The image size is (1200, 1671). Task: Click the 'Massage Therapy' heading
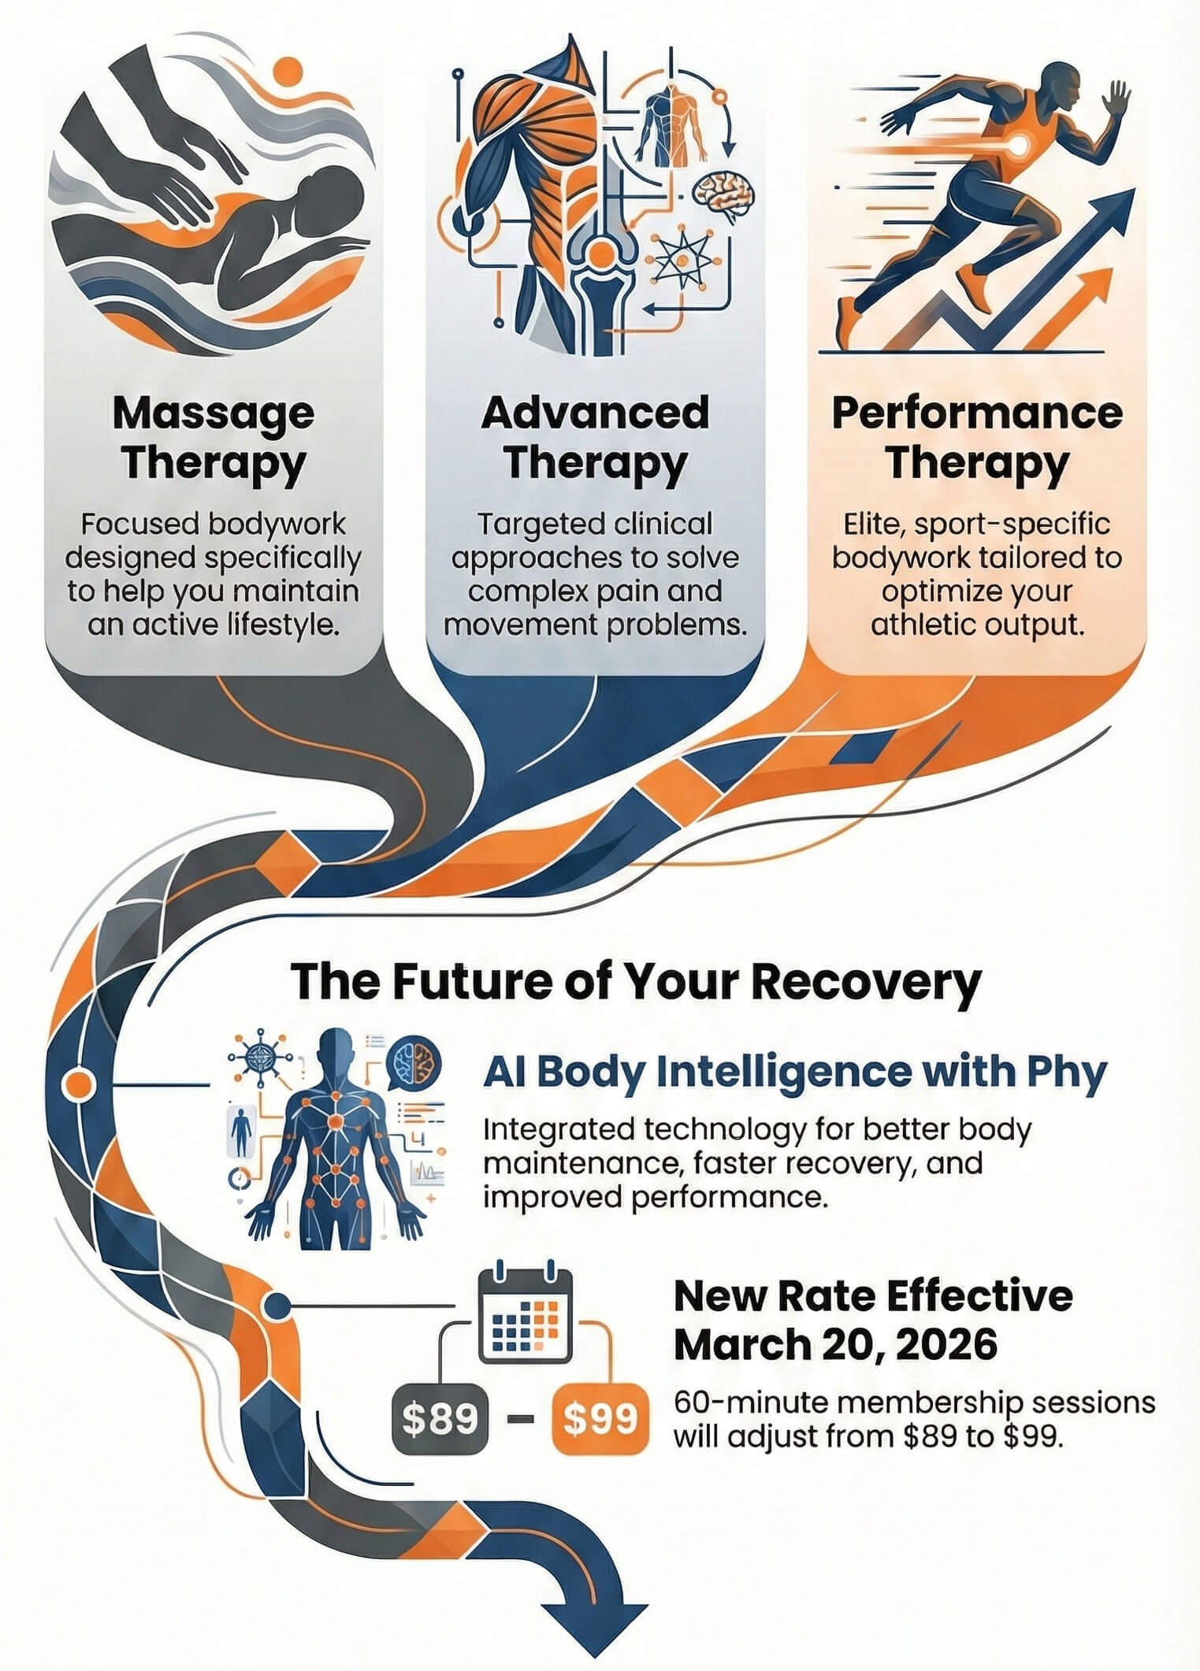pyautogui.click(x=213, y=438)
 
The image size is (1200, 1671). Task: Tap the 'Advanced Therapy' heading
pyautogui.click(x=595, y=438)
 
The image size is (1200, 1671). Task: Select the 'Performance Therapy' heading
pyautogui.click(x=976, y=438)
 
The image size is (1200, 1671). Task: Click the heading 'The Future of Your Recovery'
pyautogui.click(x=636, y=981)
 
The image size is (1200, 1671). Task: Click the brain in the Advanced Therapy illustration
pyautogui.click(x=724, y=191)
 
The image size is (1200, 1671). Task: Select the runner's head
pyautogui.click(x=1061, y=87)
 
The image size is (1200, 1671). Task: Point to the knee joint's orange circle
pyautogui.click(x=600, y=254)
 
